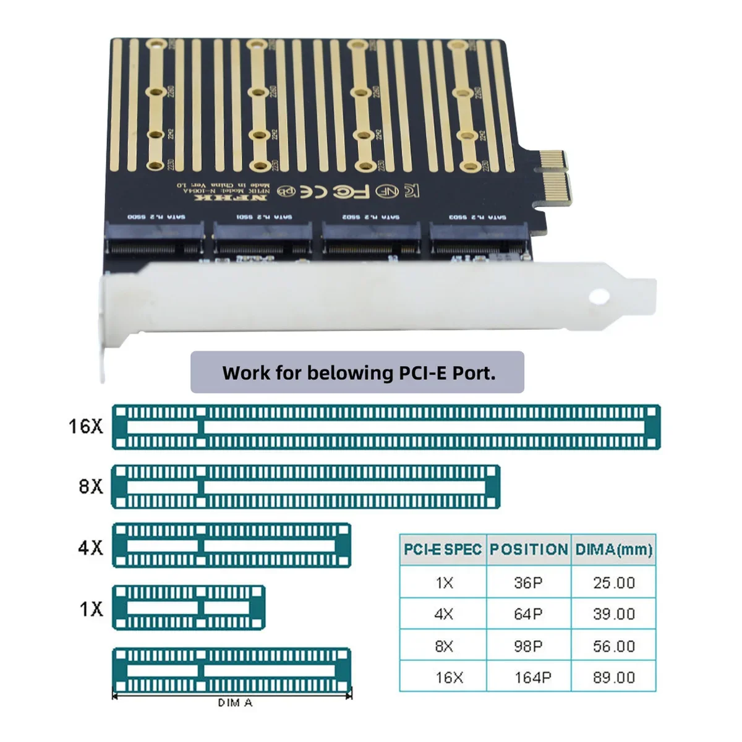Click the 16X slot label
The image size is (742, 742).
[86, 426]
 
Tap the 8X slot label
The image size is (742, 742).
[91, 487]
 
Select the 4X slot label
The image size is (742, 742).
[90, 547]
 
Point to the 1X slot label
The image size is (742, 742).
[91, 609]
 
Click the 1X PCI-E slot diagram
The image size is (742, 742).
[189, 608]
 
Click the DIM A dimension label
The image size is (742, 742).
[235, 703]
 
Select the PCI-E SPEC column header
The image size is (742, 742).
[443, 550]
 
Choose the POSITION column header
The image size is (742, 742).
[529, 550]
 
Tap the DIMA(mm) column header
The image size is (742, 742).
[613, 550]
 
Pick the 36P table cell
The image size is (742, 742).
[528, 582]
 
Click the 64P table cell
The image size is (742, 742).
[528, 614]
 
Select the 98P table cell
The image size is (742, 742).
[528, 646]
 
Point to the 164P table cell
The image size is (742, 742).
[532, 678]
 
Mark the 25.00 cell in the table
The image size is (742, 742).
[613, 582]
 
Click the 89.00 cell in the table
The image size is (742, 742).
[613, 678]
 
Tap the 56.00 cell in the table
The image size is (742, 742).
[613, 646]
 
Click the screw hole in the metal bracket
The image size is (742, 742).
[599, 297]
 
